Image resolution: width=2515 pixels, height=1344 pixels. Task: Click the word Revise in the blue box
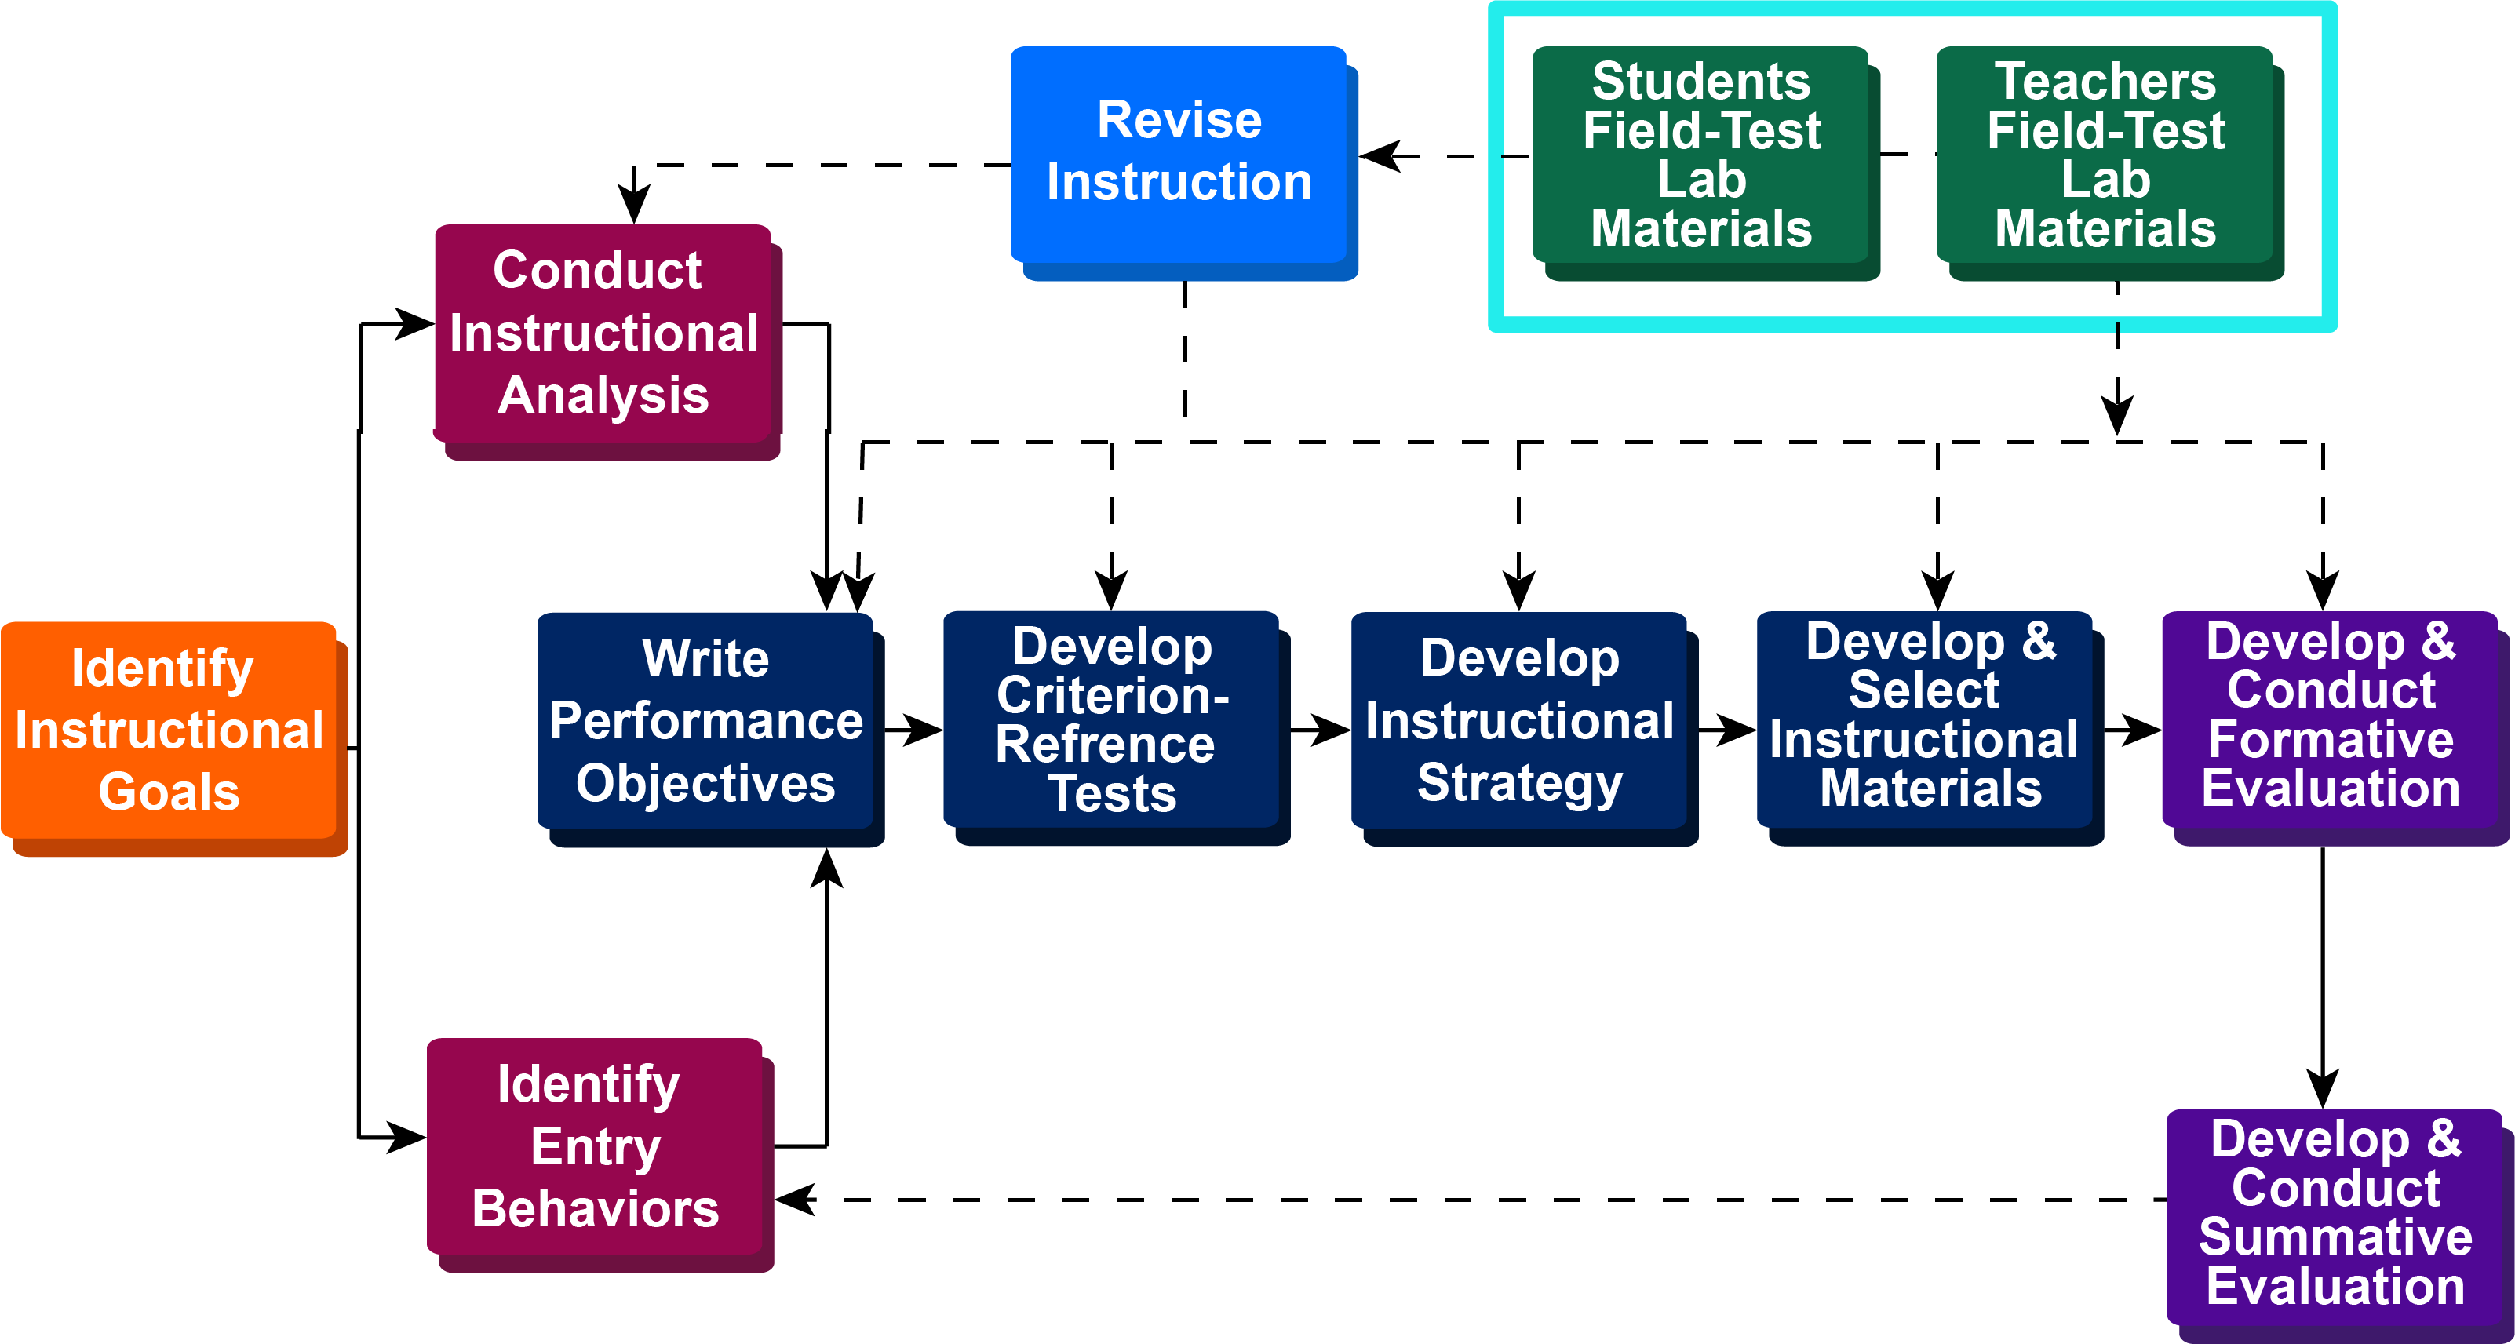[1179, 120]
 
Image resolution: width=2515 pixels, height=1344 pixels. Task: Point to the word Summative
[2335, 1237]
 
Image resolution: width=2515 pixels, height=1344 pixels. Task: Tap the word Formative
[2331, 739]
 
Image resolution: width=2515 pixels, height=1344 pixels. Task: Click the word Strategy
[1519, 784]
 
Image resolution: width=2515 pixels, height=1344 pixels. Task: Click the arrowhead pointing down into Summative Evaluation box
[2323, 1088]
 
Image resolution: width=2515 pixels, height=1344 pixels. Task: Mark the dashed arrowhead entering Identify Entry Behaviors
[795, 1200]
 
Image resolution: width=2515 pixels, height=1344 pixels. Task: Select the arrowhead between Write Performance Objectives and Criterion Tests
[922, 729]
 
